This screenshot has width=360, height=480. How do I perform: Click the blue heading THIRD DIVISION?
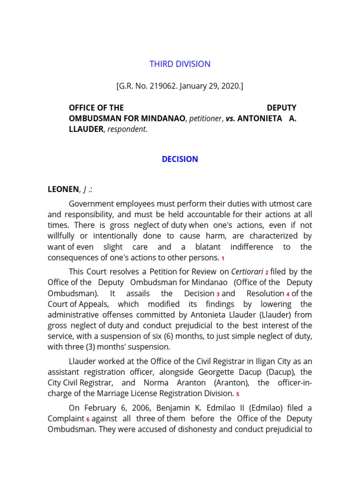coord(180,64)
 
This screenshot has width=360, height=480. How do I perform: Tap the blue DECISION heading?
coord(180,159)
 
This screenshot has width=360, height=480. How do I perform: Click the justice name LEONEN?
coord(64,189)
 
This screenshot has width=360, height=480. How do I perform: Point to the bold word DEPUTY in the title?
coord(281,108)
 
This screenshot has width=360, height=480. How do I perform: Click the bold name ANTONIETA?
coord(260,119)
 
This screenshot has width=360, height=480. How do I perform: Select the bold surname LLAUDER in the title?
coord(86,129)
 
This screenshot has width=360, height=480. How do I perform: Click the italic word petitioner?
coord(204,119)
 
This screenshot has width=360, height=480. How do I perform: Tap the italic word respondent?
coord(127,129)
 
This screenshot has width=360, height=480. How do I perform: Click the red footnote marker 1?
coord(223,259)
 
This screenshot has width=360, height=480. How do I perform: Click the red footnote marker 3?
coord(218,294)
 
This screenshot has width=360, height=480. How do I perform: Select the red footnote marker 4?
coord(287,294)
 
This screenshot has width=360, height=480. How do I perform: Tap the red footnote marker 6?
coord(88,420)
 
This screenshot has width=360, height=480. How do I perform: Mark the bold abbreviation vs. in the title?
coord(230,119)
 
